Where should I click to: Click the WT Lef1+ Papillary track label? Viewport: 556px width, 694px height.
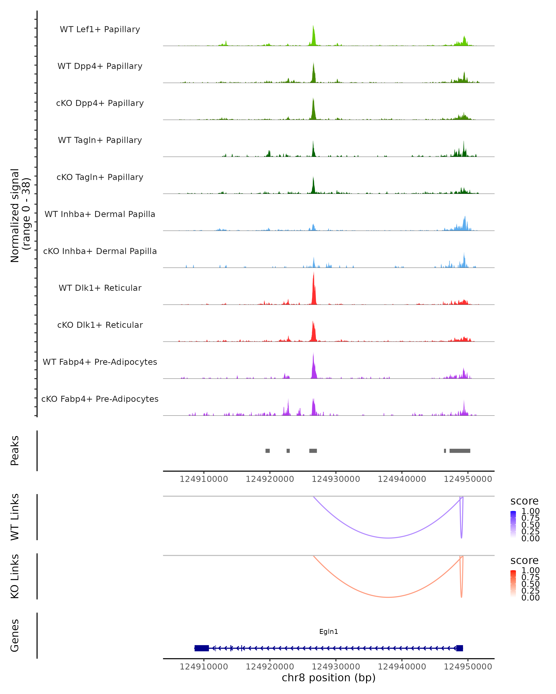[x=100, y=29]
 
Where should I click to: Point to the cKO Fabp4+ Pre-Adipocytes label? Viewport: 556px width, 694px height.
[x=100, y=399]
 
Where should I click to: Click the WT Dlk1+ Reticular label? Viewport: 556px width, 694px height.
[x=100, y=288]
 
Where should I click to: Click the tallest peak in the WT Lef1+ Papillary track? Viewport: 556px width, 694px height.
[x=313, y=26]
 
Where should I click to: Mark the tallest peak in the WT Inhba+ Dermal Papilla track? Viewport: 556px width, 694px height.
[x=465, y=217]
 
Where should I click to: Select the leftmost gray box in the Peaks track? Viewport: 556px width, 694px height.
[x=268, y=451]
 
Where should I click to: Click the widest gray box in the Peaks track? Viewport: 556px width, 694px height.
[x=460, y=451]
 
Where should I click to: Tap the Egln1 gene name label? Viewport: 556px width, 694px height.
[x=329, y=632]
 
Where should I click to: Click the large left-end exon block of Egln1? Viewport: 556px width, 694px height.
[x=202, y=648]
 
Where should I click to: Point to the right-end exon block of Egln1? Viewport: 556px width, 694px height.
[x=460, y=648]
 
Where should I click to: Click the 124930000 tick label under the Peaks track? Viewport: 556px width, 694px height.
[x=336, y=479]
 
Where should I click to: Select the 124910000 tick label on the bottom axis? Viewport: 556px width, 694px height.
[x=204, y=667]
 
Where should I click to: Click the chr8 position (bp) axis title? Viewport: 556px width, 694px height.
[x=329, y=678]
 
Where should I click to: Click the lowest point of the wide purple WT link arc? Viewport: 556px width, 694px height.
[x=389, y=538]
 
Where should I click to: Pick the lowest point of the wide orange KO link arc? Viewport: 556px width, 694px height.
[x=389, y=597]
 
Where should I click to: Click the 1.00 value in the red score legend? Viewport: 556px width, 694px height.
[x=530, y=570]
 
